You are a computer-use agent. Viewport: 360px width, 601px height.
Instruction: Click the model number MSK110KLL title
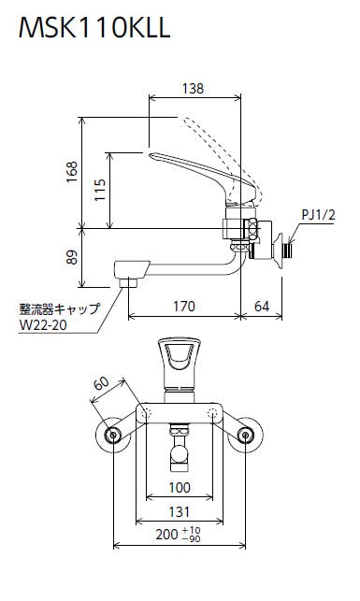pyautogui.click(x=94, y=27)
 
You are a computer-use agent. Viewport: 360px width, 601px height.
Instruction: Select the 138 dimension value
pyautogui.click(x=193, y=89)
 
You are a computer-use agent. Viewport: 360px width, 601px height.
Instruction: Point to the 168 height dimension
pyautogui.click(x=72, y=172)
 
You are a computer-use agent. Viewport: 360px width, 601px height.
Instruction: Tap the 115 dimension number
pyautogui.click(x=100, y=190)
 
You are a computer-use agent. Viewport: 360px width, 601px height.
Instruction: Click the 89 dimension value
pyautogui.click(x=72, y=257)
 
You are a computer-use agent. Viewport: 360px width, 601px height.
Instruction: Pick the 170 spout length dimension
pyautogui.click(x=184, y=307)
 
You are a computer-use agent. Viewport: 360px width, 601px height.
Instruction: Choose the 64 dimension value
pyautogui.click(x=262, y=307)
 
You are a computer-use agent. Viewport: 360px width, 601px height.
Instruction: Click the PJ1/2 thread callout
pyautogui.click(x=318, y=215)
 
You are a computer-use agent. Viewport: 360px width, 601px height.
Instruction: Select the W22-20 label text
pyautogui.click(x=43, y=325)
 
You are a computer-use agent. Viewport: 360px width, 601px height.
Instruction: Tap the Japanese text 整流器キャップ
pyautogui.click(x=60, y=308)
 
